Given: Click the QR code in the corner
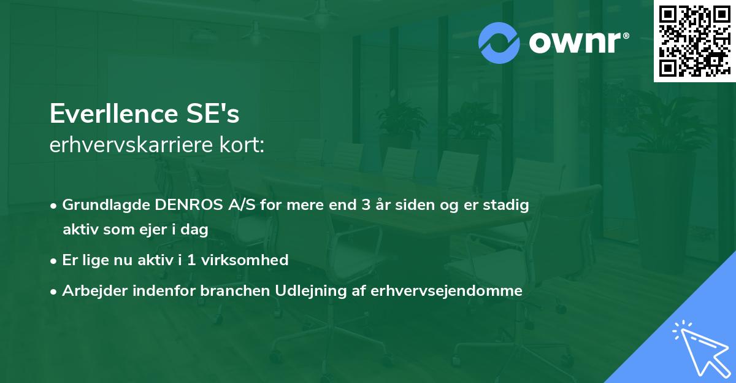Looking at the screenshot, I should point(695,41).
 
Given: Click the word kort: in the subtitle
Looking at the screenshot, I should point(243,145).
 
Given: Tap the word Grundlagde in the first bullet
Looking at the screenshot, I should point(100,205).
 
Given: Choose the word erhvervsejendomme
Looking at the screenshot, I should point(447,291).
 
